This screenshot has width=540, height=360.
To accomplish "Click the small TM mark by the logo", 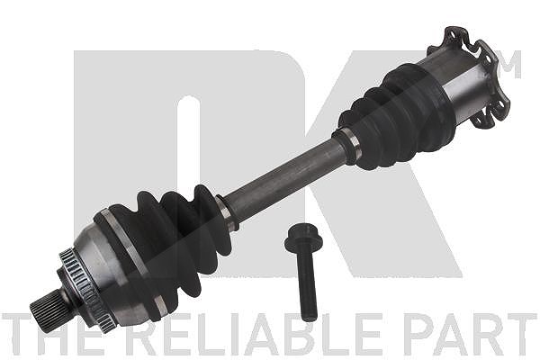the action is [x=509, y=65].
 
